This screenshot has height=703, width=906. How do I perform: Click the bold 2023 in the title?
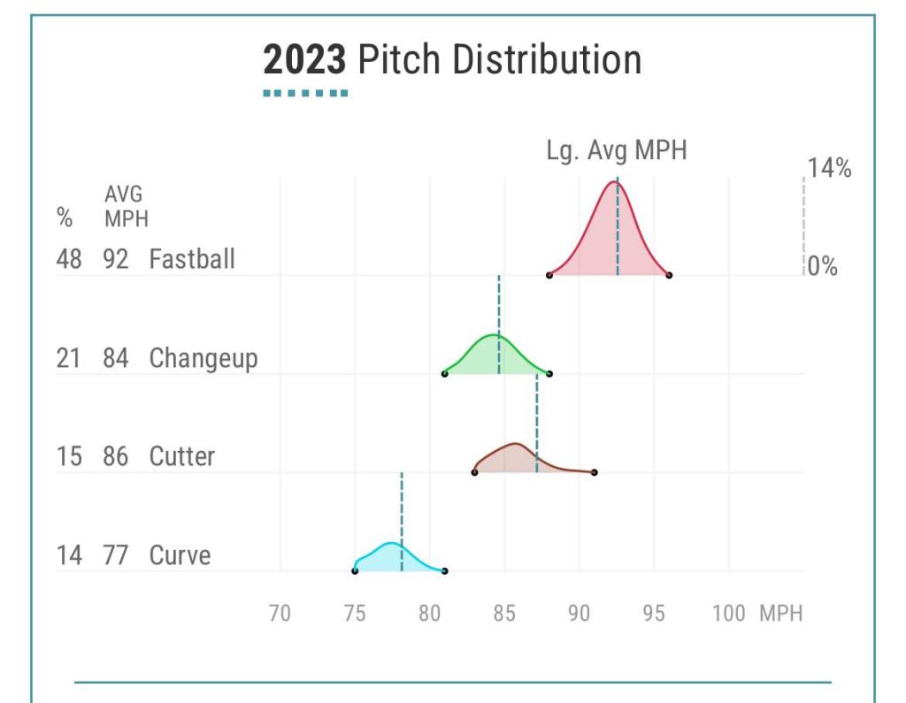click(304, 60)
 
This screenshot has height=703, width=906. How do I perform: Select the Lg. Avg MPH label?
click(616, 150)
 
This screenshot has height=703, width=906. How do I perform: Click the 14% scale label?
click(829, 168)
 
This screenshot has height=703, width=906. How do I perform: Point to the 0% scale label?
click(823, 266)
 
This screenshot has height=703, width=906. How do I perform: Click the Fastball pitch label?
click(192, 259)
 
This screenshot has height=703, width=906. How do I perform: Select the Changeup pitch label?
click(203, 358)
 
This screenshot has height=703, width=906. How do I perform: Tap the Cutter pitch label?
click(181, 456)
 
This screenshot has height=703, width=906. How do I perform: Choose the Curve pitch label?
click(180, 555)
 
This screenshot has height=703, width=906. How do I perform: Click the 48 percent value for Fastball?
click(69, 259)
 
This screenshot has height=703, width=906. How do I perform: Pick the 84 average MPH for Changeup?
click(115, 358)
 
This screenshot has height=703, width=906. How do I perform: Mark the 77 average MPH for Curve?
click(115, 555)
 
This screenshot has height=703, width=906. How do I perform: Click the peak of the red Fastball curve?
click(613, 182)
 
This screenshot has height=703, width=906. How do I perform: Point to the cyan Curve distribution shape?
click(390, 557)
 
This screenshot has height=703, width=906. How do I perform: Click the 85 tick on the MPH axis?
click(504, 613)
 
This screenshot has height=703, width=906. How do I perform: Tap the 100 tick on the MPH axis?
click(728, 613)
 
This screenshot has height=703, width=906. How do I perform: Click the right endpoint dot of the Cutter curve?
click(594, 472)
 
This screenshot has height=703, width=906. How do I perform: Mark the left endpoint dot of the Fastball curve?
click(549, 275)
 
